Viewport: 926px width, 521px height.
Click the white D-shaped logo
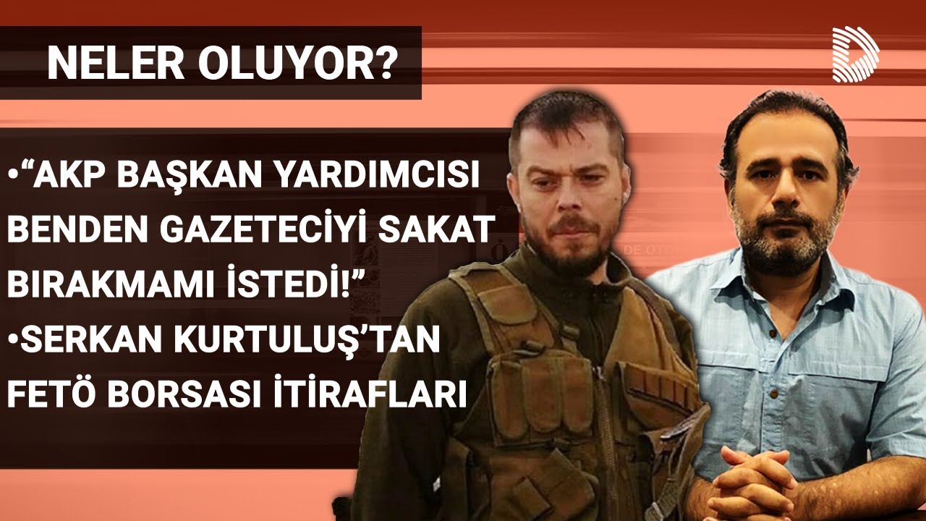(856, 54)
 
